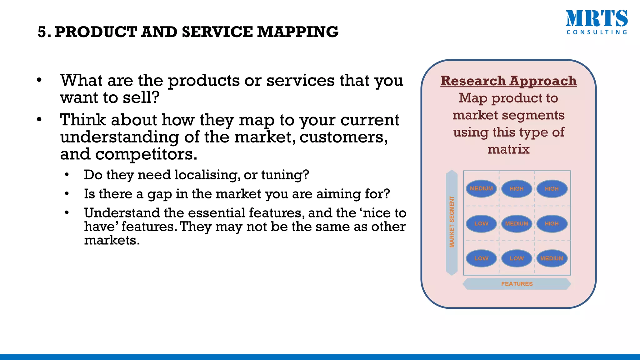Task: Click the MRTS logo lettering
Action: click(x=596, y=19)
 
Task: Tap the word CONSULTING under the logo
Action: click(x=597, y=32)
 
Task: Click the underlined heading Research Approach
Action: click(x=508, y=81)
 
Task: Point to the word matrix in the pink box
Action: click(x=508, y=149)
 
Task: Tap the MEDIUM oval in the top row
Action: click(x=481, y=189)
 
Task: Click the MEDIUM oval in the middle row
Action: click(x=517, y=224)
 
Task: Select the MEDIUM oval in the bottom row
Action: click(x=552, y=258)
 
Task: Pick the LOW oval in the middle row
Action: click(x=481, y=224)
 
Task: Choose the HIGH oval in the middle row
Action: click(x=552, y=224)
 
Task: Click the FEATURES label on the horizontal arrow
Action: click(x=517, y=284)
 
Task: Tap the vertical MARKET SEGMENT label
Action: click(x=452, y=222)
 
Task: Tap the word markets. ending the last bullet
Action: click(x=112, y=240)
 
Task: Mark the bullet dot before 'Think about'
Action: click(x=39, y=120)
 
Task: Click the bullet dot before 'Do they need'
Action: click(x=67, y=175)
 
